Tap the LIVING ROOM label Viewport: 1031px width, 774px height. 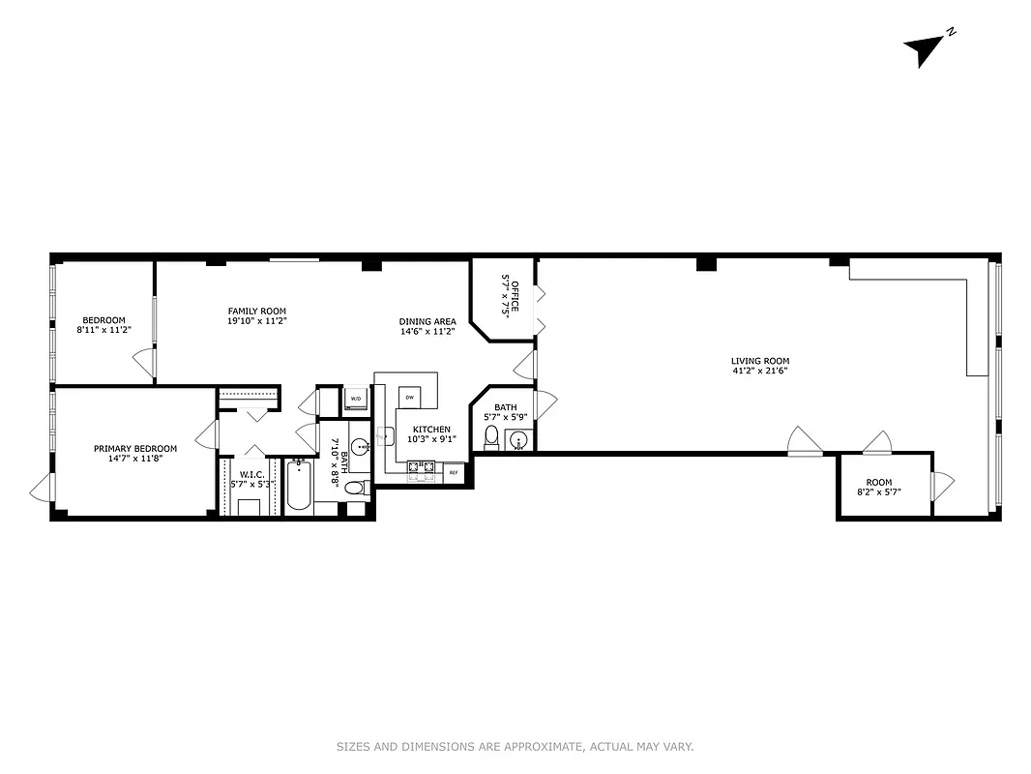click(752, 362)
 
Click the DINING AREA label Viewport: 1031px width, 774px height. click(427, 321)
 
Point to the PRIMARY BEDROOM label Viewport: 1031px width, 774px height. click(135, 448)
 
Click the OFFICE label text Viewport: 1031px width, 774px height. click(515, 296)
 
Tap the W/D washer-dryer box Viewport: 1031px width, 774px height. click(355, 399)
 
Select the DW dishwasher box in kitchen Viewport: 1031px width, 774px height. click(409, 398)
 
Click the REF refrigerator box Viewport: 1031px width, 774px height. click(453, 473)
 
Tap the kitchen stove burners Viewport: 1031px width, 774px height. click(421, 470)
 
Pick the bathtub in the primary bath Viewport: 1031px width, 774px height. click(299, 486)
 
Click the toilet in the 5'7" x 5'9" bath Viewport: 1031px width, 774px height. click(491, 437)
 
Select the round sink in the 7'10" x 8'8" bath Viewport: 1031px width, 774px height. click(359, 447)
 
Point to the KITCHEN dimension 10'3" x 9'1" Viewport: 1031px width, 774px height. click(431, 438)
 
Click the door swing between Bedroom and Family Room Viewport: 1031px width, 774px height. click(143, 364)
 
